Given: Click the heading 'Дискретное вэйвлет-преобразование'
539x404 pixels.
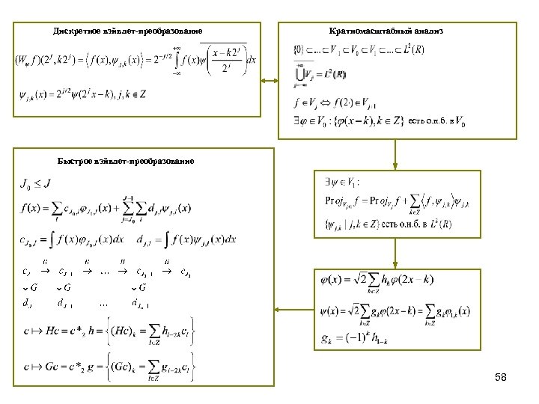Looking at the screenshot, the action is [x=127, y=31].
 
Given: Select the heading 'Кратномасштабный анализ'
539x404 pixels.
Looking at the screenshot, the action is [x=386, y=31].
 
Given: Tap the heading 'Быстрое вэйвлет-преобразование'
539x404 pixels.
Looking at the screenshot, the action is [x=126, y=161].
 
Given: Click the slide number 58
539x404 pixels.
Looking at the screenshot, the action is [x=501, y=378].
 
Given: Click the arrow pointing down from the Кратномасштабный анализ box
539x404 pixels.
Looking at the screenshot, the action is [x=396, y=154].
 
